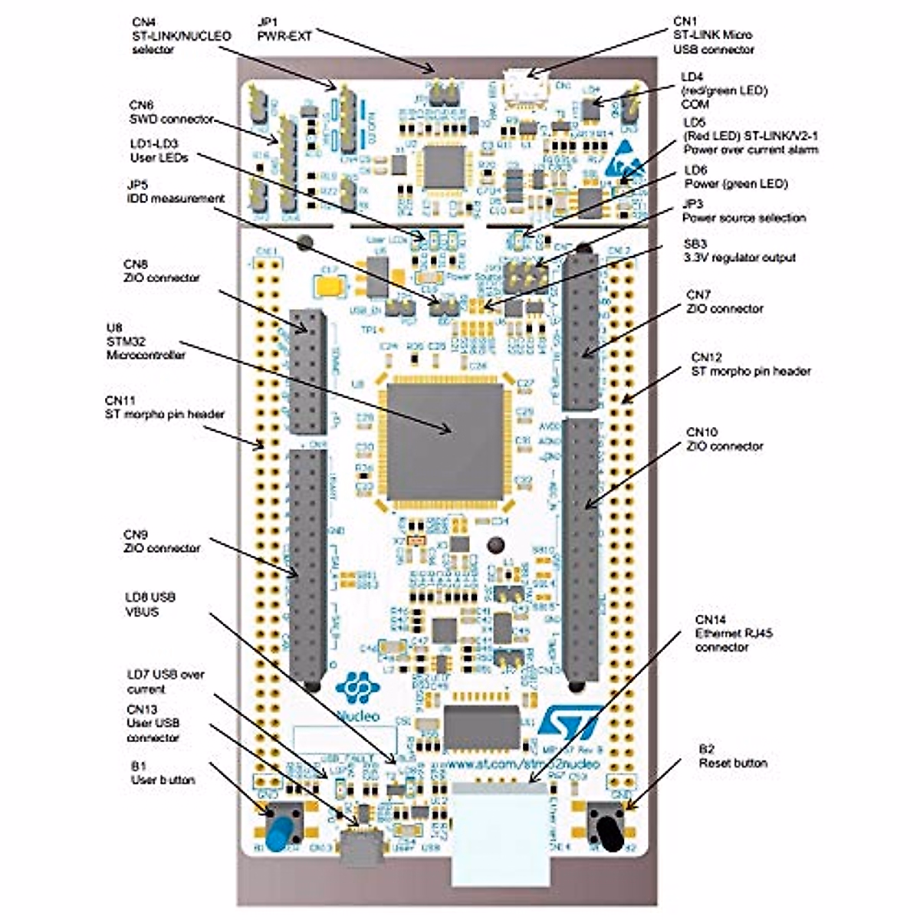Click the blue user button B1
point(282,830)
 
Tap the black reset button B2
point(609,829)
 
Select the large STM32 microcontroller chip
point(445,440)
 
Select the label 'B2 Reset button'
point(732,755)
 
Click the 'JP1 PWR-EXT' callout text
point(284,28)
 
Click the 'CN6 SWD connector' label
point(171,111)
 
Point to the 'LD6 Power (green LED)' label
point(735,176)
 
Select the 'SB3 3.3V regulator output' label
point(739,250)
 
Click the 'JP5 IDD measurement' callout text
point(176,192)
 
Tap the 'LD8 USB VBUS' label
point(150,604)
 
